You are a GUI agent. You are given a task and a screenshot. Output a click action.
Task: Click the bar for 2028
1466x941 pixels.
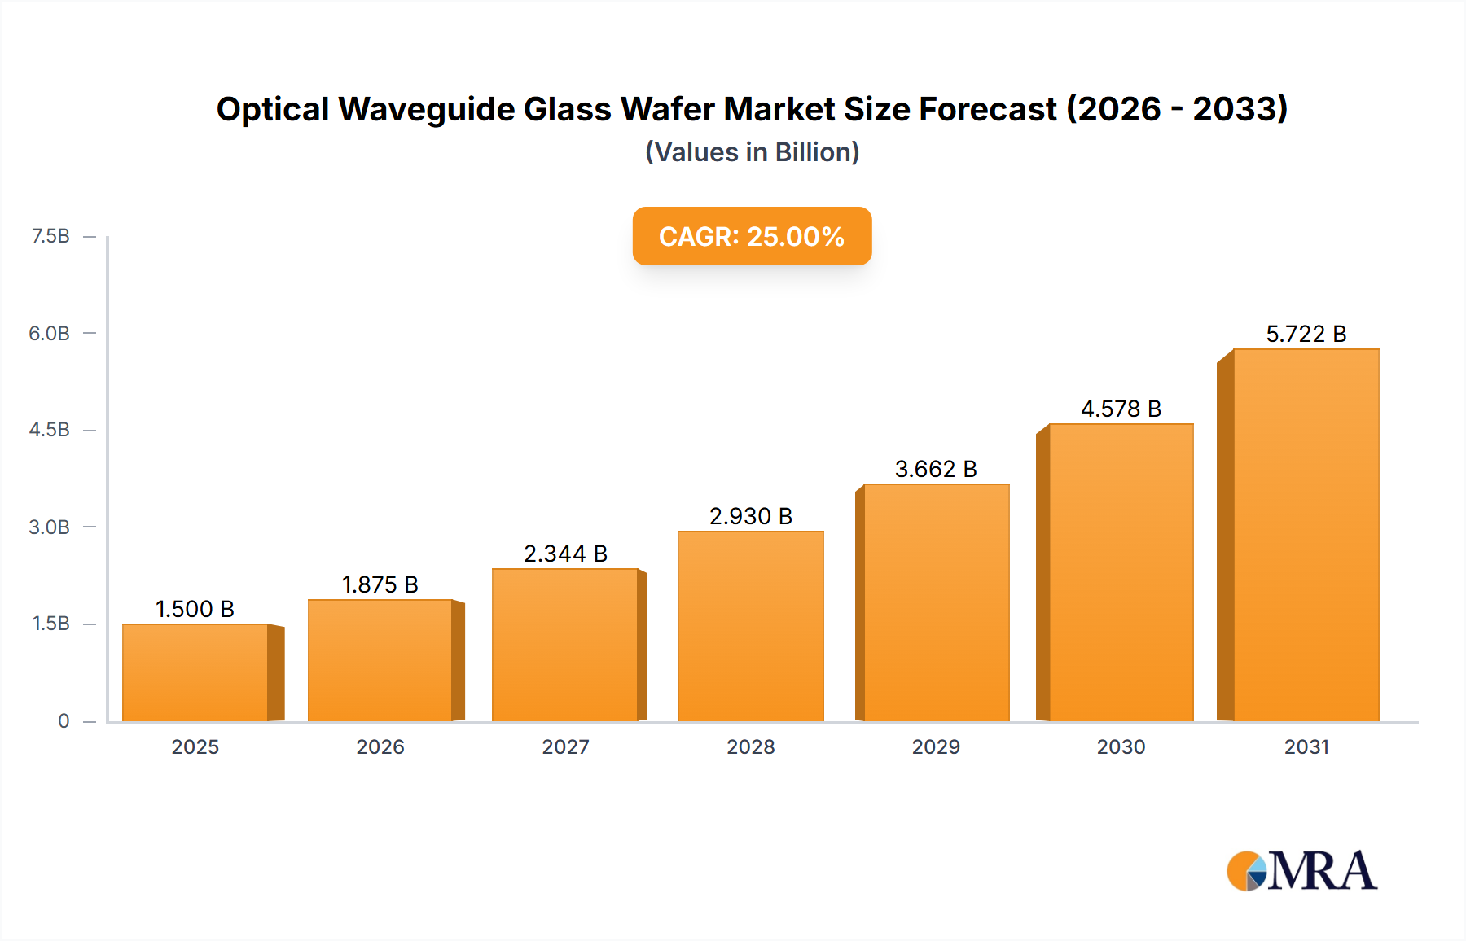point(750,626)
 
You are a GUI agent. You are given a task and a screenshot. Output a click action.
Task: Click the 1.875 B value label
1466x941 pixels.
point(380,584)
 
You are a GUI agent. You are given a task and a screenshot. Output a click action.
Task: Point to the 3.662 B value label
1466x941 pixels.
point(936,469)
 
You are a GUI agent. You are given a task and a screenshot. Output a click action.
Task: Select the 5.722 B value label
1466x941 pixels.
point(1306,334)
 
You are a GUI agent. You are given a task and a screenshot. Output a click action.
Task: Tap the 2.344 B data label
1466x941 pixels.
point(565,554)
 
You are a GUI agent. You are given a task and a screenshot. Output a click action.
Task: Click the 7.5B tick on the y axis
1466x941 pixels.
point(50,236)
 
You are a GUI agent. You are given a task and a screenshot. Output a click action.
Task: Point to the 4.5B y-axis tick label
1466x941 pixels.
point(50,430)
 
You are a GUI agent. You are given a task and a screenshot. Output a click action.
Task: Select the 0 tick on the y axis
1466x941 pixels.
point(64,720)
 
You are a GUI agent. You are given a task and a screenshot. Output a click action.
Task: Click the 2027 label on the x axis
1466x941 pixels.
point(565,746)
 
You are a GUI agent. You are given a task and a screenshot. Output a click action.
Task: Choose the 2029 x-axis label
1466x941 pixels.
point(936,746)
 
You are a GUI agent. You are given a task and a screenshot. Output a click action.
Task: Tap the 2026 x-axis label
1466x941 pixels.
point(380,746)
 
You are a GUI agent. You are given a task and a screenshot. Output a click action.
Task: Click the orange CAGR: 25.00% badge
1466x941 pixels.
point(752,236)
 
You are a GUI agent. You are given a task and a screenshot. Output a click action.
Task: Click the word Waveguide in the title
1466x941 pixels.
point(427,109)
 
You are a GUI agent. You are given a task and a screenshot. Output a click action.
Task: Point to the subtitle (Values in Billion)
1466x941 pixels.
point(752,152)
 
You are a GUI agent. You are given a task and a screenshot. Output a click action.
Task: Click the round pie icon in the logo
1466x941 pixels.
point(1246,871)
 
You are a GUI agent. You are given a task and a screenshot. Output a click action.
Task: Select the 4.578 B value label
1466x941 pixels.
point(1121,409)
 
